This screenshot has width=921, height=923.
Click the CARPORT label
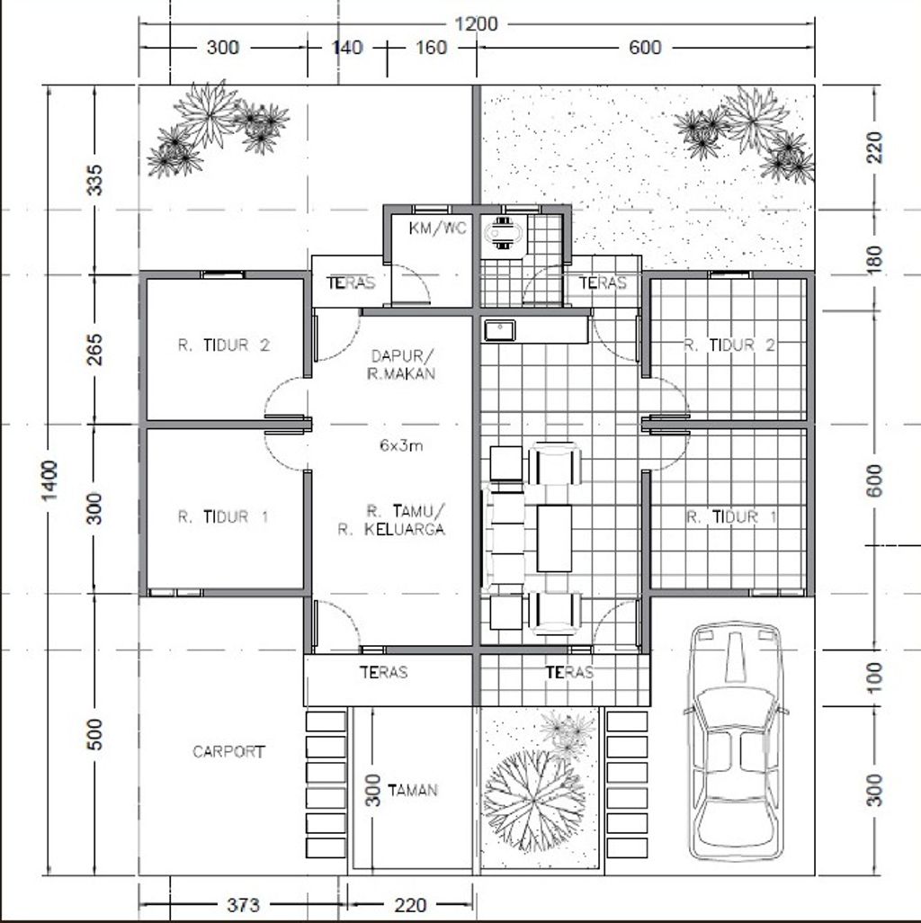(x=228, y=751)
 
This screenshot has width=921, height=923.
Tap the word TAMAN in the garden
(x=413, y=790)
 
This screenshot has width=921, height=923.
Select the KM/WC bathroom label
(x=438, y=229)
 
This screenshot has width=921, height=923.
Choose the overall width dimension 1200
(x=476, y=24)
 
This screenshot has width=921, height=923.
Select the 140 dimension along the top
(x=347, y=48)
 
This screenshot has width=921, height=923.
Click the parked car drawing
(x=736, y=740)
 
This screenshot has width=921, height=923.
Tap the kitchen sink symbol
(x=497, y=330)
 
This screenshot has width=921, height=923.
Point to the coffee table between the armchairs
(x=554, y=537)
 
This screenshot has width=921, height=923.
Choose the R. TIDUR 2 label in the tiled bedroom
(x=729, y=345)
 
